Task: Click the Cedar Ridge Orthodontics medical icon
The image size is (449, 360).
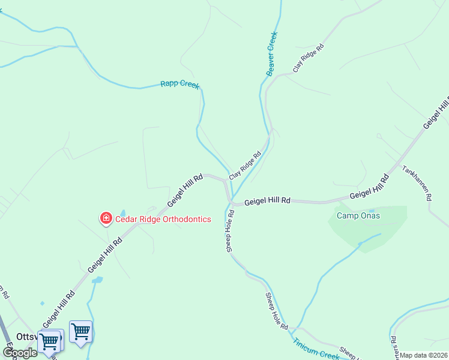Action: pyautogui.click(x=106, y=218)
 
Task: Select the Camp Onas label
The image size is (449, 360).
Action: pyautogui.click(x=358, y=215)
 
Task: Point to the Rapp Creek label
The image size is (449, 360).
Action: pyautogui.click(x=179, y=84)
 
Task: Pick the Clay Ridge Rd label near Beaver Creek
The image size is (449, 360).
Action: pyautogui.click(x=309, y=58)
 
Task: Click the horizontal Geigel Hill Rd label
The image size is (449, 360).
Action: pyautogui.click(x=268, y=200)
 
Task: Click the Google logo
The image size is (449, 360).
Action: pyautogui.click(x=20, y=353)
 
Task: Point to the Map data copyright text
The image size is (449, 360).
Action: pyautogui.click(x=423, y=355)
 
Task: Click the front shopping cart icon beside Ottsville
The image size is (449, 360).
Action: pyautogui.click(x=49, y=341)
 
